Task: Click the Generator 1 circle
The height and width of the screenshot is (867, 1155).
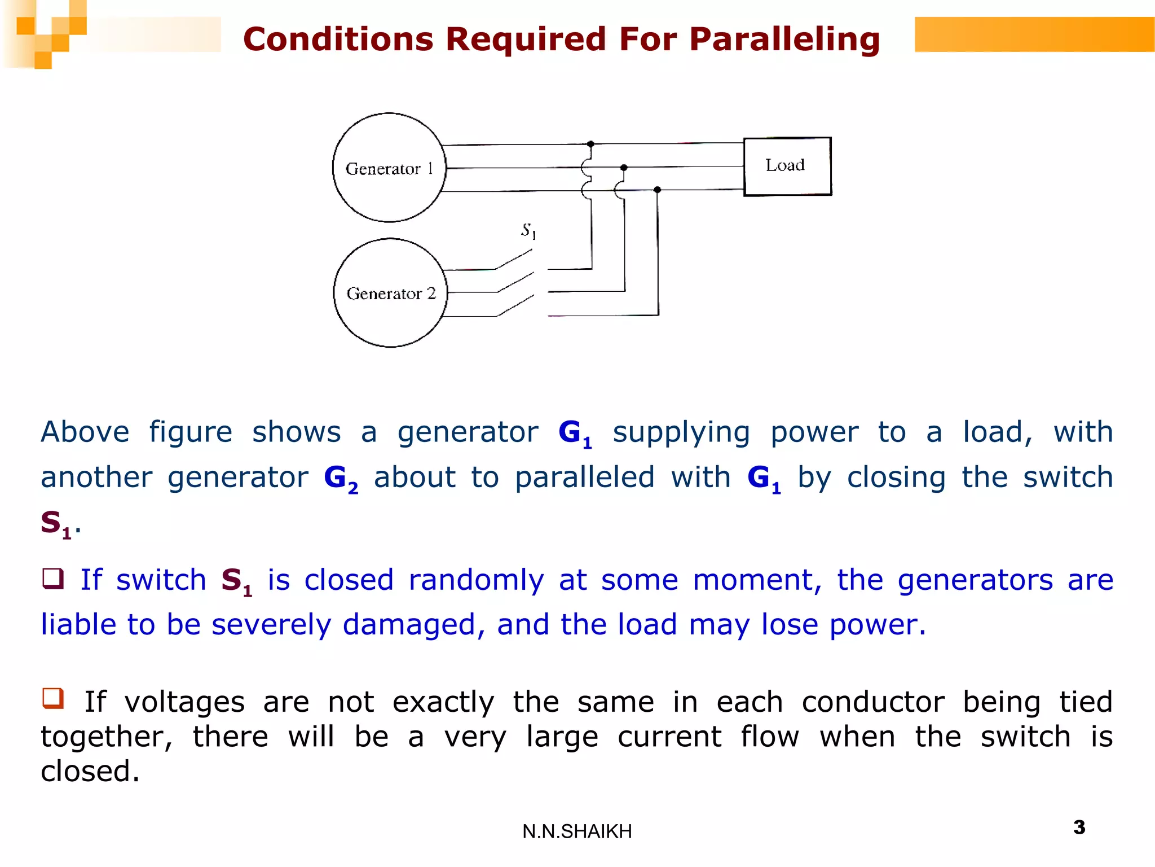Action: [389, 168]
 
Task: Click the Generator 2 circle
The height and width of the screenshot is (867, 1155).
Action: [390, 293]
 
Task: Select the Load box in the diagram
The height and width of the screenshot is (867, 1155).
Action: [787, 167]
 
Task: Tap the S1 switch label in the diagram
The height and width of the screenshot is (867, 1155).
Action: [528, 230]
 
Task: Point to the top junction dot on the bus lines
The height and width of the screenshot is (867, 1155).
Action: [590, 144]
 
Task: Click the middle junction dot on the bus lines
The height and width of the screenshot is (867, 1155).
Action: [623, 168]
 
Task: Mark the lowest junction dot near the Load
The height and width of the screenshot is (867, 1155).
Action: [657, 190]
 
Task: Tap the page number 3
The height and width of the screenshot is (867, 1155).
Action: [1079, 827]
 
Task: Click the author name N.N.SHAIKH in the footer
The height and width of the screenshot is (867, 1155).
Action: [577, 831]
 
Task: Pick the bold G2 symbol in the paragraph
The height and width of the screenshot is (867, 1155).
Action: [340, 479]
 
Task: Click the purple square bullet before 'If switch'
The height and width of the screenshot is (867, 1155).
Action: [53, 579]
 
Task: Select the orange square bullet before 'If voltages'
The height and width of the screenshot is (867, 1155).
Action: [53, 698]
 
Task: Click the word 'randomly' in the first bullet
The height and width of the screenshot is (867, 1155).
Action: [476, 580]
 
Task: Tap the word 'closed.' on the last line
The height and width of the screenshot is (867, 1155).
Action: [90, 772]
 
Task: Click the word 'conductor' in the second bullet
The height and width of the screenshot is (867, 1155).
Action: [872, 702]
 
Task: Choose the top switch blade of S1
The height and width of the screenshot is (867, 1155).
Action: [513, 259]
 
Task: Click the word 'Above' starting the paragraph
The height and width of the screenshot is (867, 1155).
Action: [85, 432]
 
